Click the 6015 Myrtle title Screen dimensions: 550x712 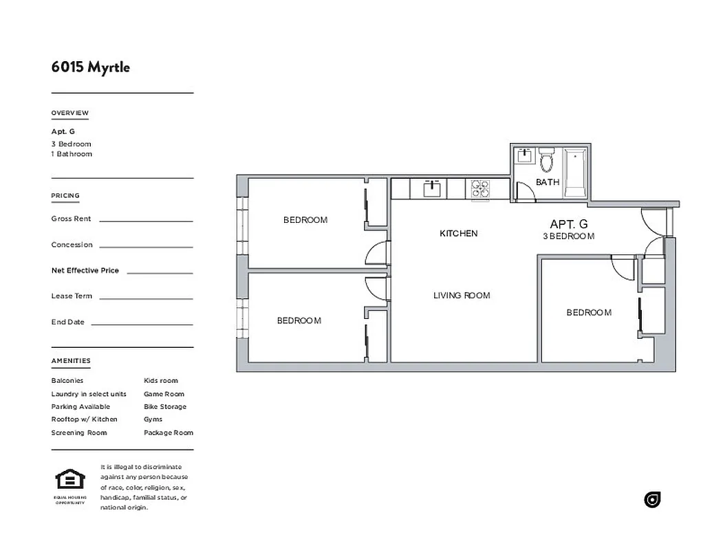point(90,67)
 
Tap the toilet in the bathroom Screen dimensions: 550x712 point(547,161)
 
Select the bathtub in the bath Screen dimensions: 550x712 point(574,175)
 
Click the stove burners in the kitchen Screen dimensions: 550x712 point(479,188)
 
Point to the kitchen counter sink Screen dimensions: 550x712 point(432,188)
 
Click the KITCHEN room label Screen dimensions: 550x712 point(458,234)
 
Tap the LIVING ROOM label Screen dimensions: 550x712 point(462,296)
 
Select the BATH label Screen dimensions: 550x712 point(548,182)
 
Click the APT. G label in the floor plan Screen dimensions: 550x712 point(568,224)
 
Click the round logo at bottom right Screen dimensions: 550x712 point(652,500)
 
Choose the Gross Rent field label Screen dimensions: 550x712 point(71,219)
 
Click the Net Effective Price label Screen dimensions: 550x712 point(85,270)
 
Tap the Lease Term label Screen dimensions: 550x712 point(72,296)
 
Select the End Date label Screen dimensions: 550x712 point(67,322)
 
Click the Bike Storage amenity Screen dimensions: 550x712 point(164,407)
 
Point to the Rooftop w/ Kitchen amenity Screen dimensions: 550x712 point(84,419)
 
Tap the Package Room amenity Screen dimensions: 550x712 point(168,433)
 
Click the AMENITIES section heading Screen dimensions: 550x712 point(70,361)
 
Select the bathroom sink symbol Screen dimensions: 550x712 point(524,155)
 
